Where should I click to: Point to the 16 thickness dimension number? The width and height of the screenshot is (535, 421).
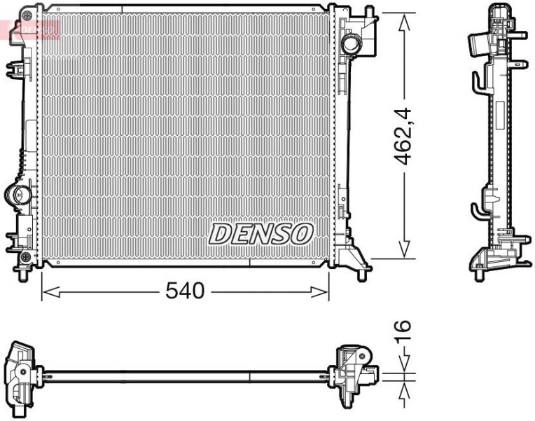pos(402,331)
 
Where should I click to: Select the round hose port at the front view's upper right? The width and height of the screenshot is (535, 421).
pos(350,44)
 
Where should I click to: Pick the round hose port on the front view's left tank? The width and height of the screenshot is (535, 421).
pos(18,194)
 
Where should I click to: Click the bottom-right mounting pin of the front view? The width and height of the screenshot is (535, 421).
pos(361,272)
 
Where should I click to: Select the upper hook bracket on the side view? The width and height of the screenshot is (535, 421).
pos(476,83)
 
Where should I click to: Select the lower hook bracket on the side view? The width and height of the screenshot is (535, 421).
pos(476,209)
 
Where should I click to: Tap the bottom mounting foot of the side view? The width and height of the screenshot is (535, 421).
pos(480,273)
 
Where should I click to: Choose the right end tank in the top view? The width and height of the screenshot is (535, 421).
pos(355,375)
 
